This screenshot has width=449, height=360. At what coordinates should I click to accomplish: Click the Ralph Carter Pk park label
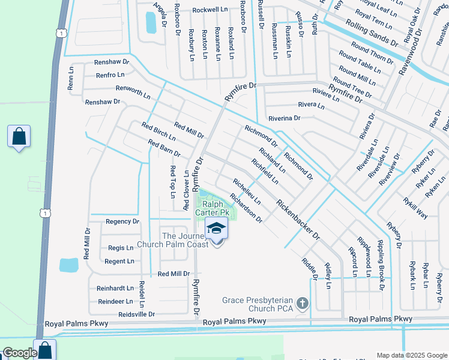[213, 208]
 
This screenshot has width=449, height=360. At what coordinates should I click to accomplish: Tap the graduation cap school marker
[217, 230]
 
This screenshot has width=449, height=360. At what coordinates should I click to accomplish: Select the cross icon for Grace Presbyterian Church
[303, 304]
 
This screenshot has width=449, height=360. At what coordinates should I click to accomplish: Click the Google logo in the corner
[19, 352]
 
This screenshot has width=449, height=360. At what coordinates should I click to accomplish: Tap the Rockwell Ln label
[212, 10]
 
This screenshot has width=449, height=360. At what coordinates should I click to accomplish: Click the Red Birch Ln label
[158, 131]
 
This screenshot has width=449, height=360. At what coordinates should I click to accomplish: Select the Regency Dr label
[122, 221]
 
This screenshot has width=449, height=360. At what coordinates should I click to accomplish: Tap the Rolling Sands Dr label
[372, 32]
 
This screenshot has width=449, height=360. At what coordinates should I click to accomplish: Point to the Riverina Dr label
[284, 118]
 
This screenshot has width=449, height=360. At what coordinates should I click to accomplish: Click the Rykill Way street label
[415, 208]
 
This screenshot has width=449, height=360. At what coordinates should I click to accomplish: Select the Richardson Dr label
[246, 208]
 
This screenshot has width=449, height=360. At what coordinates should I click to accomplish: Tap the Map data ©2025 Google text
[412, 355]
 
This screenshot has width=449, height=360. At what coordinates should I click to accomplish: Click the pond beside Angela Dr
[150, 22]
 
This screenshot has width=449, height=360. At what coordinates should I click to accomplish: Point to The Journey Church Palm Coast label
[173, 239]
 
